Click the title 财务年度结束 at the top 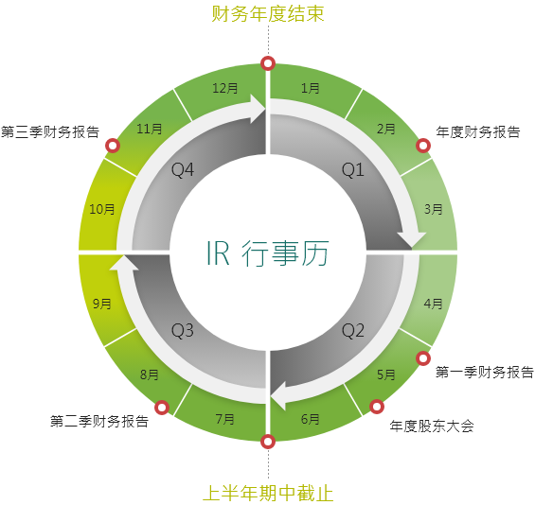pyautogui.click(x=268, y=14)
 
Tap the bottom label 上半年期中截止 pyautogui.click(x=268, y=493)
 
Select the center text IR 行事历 pyautogui.click(x=268, y=252)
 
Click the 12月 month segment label pyautogui.click(x=225, y=88)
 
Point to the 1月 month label pyautogui.click(x=311, y=88)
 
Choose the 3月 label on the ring pyautogui.click(x=434, y=209)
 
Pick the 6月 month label pyautogui.click(x=311, y=419)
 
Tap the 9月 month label pyautogui.click(x=102, y=304)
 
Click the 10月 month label pyautogui.click(x=102, y=209)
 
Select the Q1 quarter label pyautogui.click(x=353, y=169)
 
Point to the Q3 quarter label pyautogui.click(x=183, y=330)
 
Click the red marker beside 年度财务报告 pyautogui.click(x=423, y=146)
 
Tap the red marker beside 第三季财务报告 pyautogui.click(x=113, y=146)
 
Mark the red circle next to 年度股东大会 pyautogui.click(x=376, y=407)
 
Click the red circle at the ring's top pyautogui.click(x=268, y=63)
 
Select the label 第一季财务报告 pyautogui.click(x=485, y=372)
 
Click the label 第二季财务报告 pyautogui.click(x=99, y=421)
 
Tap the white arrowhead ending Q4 pyautogui.click(x=258, y=109)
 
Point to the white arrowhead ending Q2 pyautogui.click(x=278, y=396)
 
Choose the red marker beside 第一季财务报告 pyautogui.click(x=423, y=358)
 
